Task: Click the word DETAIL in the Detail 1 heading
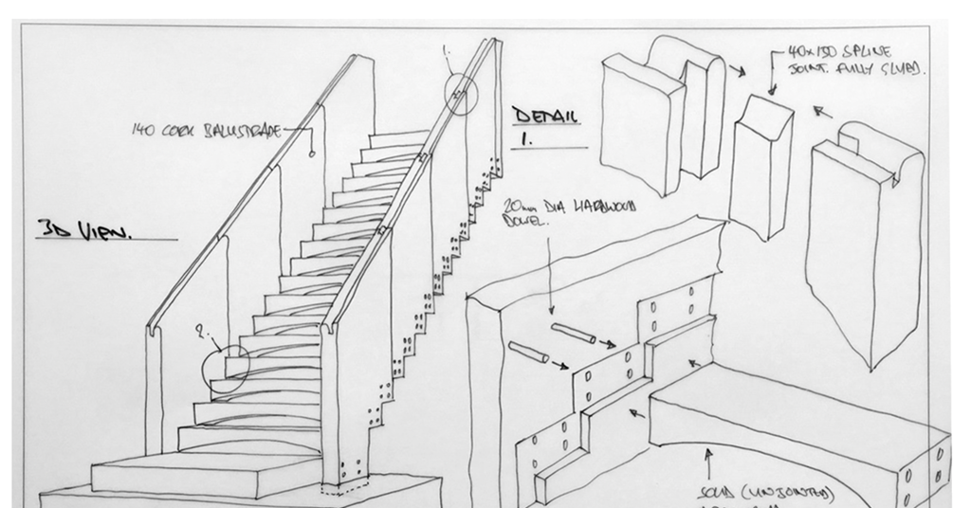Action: [545, 117]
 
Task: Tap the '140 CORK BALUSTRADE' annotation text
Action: [206, 131]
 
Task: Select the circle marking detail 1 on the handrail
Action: [461, 93]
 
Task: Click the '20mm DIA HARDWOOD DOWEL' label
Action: [569, 213]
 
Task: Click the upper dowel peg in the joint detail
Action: [574, 333]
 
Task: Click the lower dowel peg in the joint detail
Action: [528, 353]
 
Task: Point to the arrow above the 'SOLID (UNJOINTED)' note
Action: [708, 464]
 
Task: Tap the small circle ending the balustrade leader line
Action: [311, 153]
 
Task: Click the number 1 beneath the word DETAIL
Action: [524, 137]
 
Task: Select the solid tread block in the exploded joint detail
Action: [797, 417]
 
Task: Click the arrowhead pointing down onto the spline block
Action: [771, 90]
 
